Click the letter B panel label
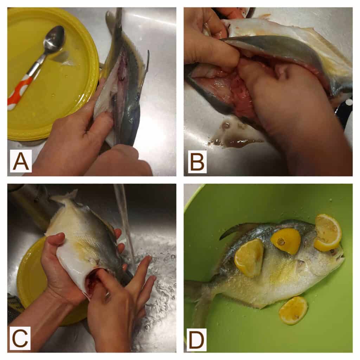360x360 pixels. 197,162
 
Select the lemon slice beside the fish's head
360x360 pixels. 328,232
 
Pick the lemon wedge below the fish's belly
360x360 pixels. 293,310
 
